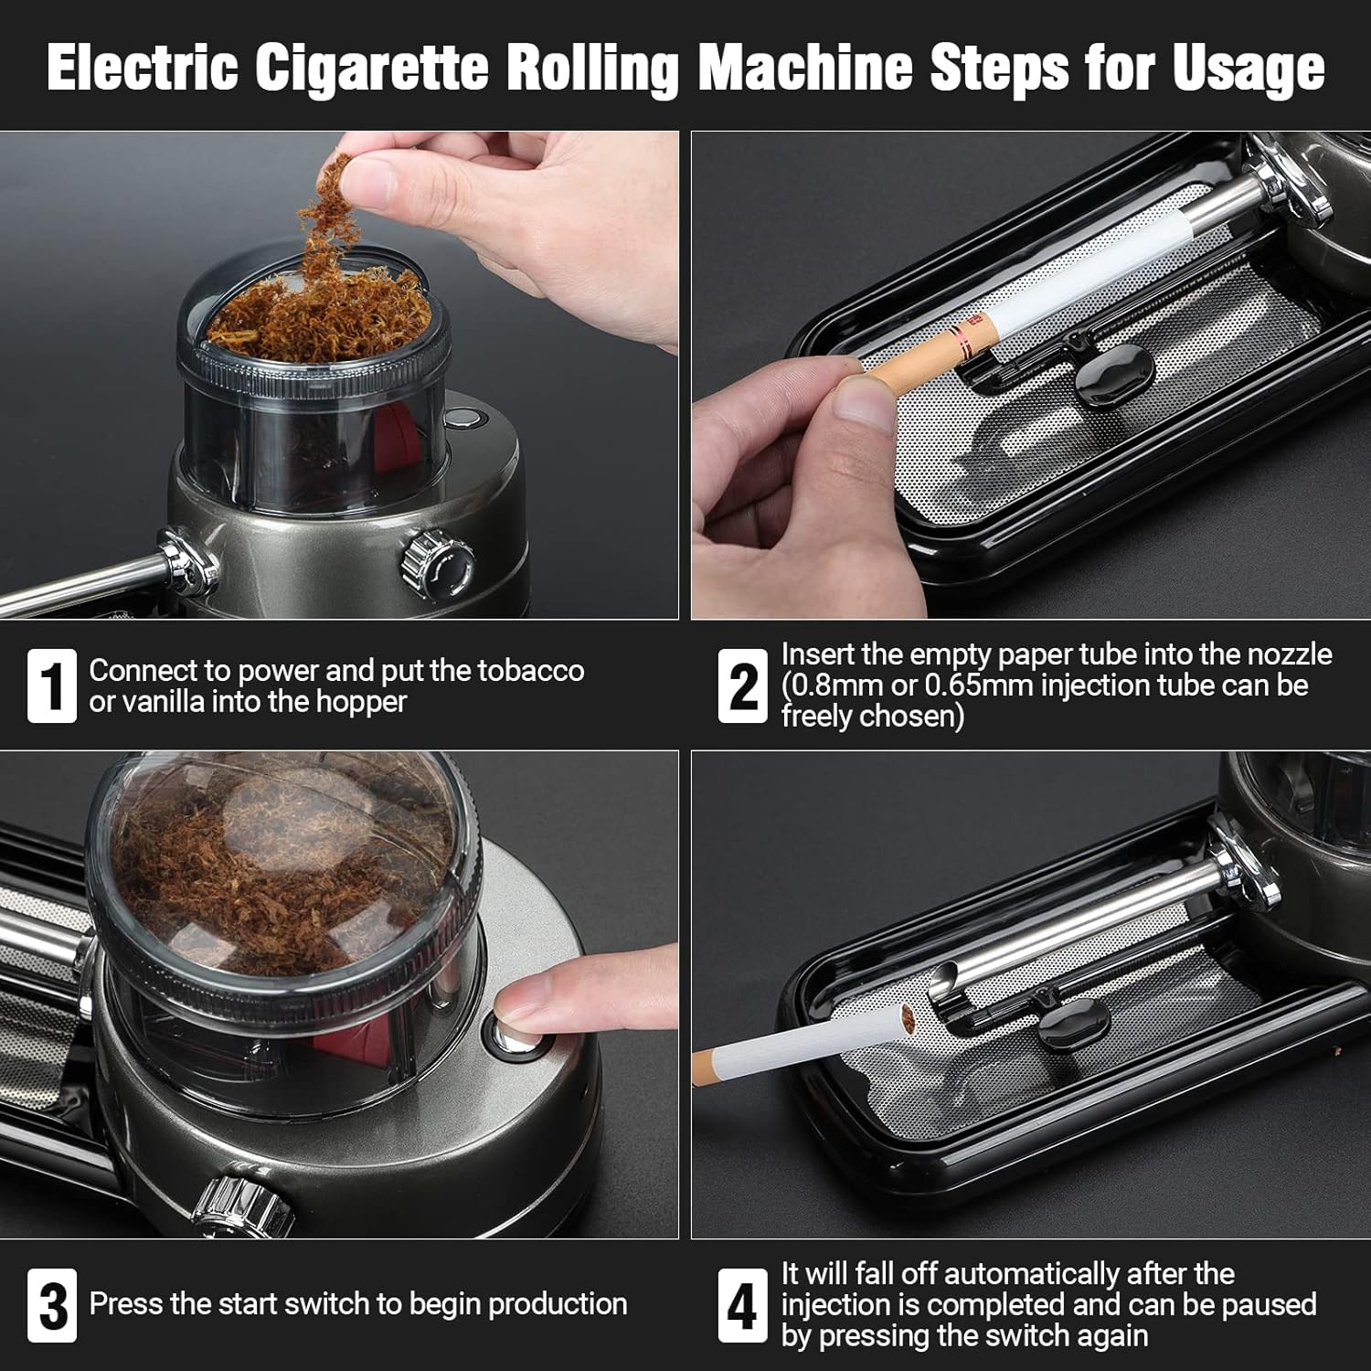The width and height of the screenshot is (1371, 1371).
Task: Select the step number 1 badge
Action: click(x=51, y=686)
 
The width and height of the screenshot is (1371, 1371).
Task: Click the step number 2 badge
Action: click(x=741, y=686)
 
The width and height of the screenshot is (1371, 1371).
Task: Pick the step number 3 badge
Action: click(x=51, y=1305)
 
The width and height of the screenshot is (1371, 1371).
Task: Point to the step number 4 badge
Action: click(x=741, y=1305)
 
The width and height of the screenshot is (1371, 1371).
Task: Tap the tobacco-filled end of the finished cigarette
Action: click(x=908, y=1016)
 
